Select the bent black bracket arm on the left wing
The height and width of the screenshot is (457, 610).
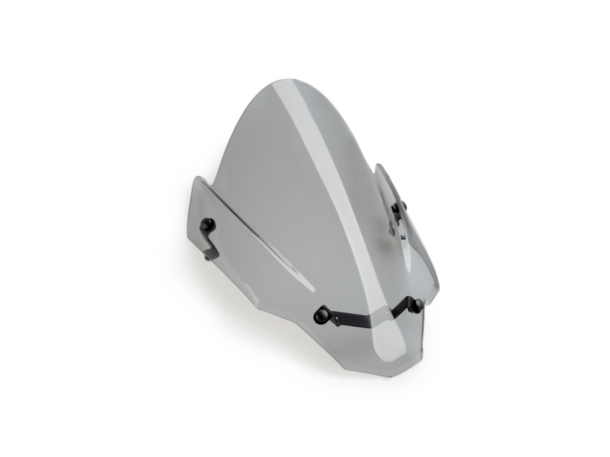(x=211, y=244)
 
